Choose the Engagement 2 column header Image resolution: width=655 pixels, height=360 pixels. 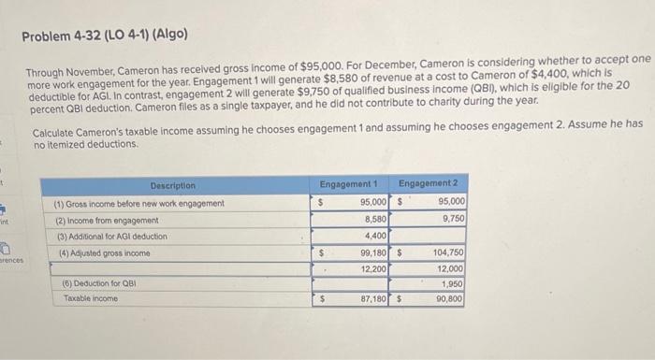(x=429, y=183)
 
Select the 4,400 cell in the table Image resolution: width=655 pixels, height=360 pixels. (x=372, y=236)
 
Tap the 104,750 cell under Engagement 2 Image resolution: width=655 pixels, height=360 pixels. (x=448, y=252)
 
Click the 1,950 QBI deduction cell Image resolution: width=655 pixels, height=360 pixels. (x=452, y=283)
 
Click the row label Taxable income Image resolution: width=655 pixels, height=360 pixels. (x=91, y=298)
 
